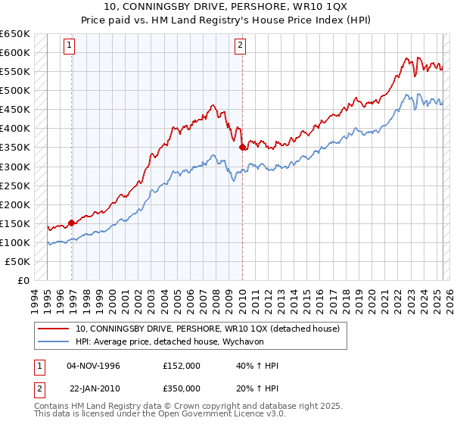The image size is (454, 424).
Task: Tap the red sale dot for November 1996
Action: click(72, 223)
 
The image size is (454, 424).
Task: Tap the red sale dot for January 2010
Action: click(242, 148)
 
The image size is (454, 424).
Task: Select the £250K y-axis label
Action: click(15, 185)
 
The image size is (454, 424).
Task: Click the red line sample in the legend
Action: click(53, 329)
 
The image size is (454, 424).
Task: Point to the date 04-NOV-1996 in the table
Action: click(94, 365)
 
